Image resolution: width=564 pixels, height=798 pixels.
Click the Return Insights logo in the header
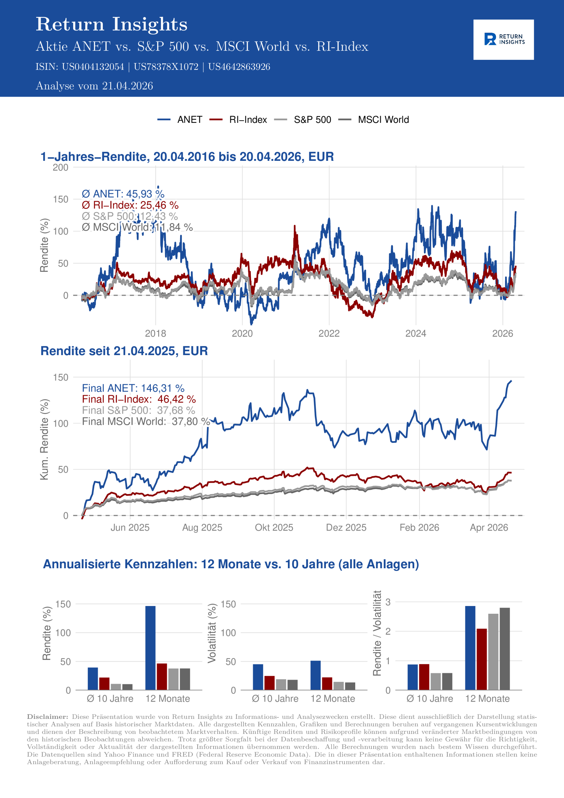503,39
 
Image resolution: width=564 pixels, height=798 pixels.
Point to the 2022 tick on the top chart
329,333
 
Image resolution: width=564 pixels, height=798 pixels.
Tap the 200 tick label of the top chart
60,167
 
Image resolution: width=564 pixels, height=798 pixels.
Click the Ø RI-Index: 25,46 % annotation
130,205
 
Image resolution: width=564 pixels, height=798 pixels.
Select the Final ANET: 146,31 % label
133,388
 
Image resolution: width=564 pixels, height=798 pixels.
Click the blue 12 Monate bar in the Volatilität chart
316,675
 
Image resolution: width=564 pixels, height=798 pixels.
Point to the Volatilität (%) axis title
212,633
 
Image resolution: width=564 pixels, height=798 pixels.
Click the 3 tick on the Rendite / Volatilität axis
388,602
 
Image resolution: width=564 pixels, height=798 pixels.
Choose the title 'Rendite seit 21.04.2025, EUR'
124,351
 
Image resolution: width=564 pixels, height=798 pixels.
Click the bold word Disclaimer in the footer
48,717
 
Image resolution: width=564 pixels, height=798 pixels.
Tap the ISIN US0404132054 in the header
93,67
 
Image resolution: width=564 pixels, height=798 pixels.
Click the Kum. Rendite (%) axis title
44,439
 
